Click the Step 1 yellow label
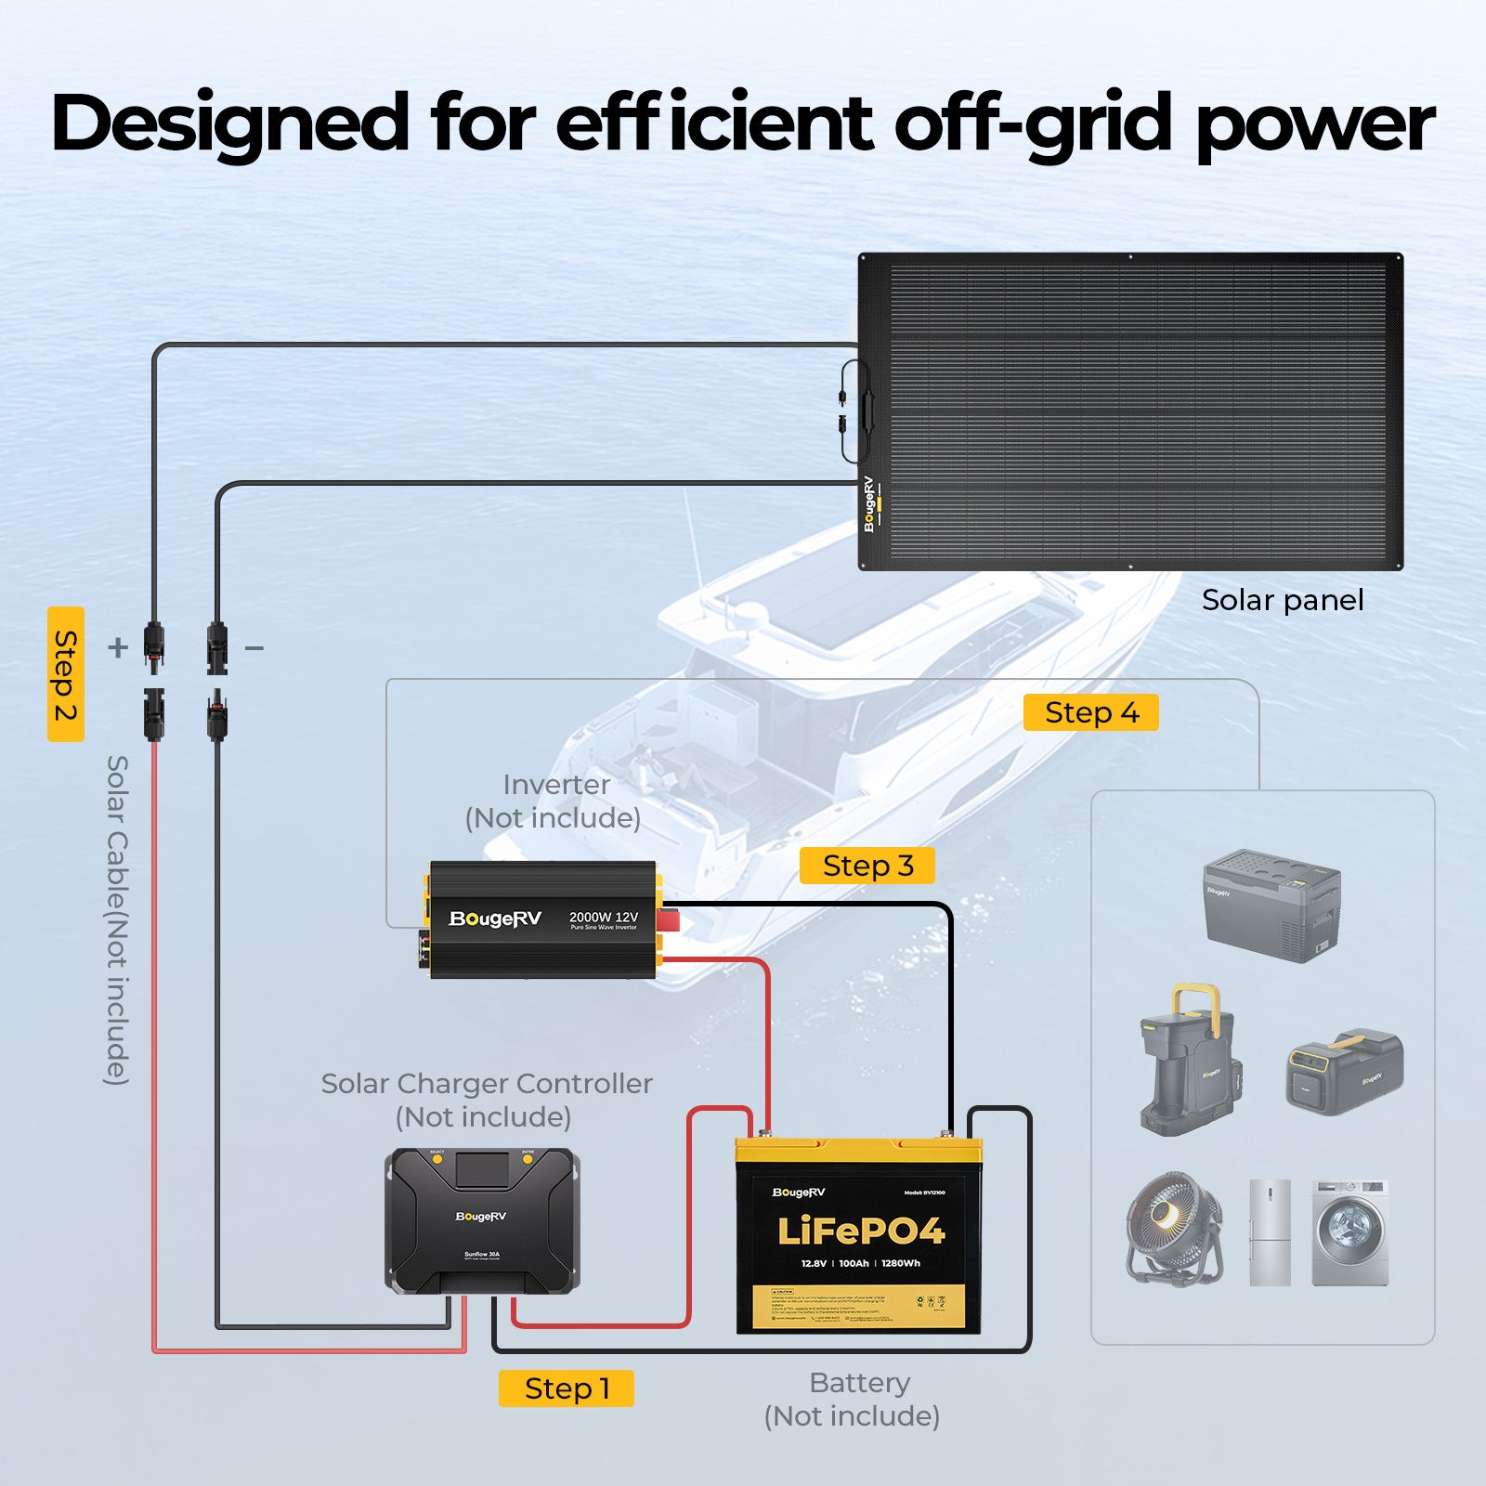click(x=566, y=1388)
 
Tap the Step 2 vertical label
click(x=66, y=674)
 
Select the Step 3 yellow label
click(x=867, y=866)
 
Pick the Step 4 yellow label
click(x=1090, y=712)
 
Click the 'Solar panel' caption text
click(x=1283, y=600)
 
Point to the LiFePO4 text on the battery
click(x=860, y=1232)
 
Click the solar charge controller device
click(x=482, y=1220)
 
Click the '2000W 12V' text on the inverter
click(x=604, y=917)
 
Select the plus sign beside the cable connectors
click(x=117, y=647)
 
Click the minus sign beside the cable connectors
click(x=254, y=647)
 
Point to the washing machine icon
click(x=1350, y=1232)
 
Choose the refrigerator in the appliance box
click(x=1270, y=1232)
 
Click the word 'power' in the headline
click(x=1315, y=124)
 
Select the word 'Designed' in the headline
click(x=230, y=124)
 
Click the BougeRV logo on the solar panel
click(x=869, y=504)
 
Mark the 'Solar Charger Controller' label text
click(x=487, y=1084)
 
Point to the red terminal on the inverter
click(x=668, y=919)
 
